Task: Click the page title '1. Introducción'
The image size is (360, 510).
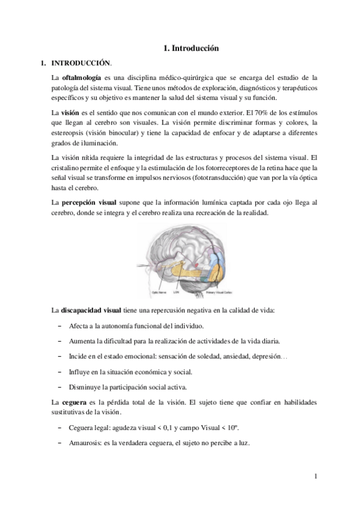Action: [191, 48]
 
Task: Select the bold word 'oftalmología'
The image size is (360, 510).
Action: [82, 79]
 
